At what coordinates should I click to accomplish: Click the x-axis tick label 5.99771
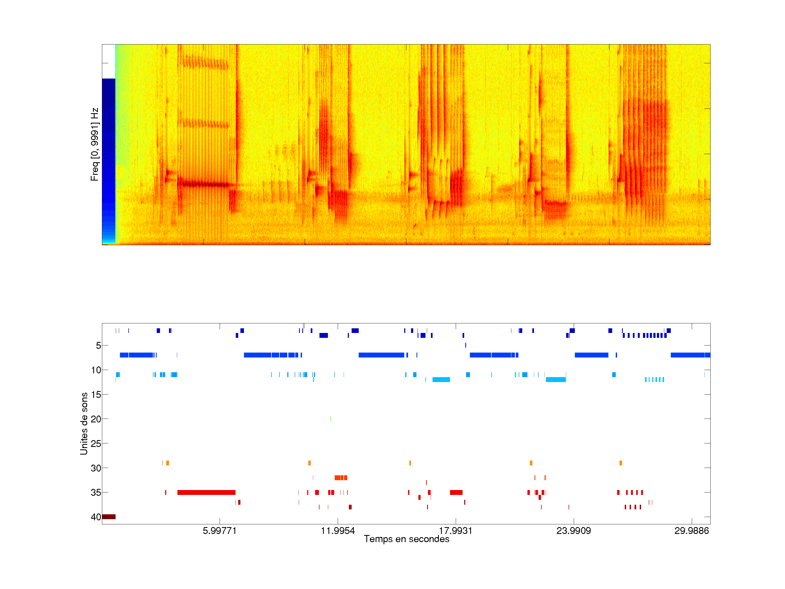(219, 530)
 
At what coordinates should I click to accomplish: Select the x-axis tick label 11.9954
(337, 530)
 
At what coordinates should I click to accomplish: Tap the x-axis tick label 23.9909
(573, 530)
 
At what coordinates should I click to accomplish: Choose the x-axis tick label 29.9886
(691, 530)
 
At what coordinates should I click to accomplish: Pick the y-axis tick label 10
(96, 370)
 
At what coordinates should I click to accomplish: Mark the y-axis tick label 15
(96, 395)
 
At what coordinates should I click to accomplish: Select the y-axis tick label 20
(96, 419)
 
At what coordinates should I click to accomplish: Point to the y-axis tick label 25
(96, 443)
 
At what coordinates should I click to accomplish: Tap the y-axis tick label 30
(96, 468)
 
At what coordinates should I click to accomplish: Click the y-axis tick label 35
(96, 492)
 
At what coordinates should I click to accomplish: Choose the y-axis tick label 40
(96, 517)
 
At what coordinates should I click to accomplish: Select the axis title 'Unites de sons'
(84, 423)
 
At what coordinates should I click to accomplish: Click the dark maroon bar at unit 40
(108, 516)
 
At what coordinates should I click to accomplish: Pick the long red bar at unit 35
(206, 492)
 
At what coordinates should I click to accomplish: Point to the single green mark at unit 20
(331, 419)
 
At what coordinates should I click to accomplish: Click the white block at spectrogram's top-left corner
(108, 61)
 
